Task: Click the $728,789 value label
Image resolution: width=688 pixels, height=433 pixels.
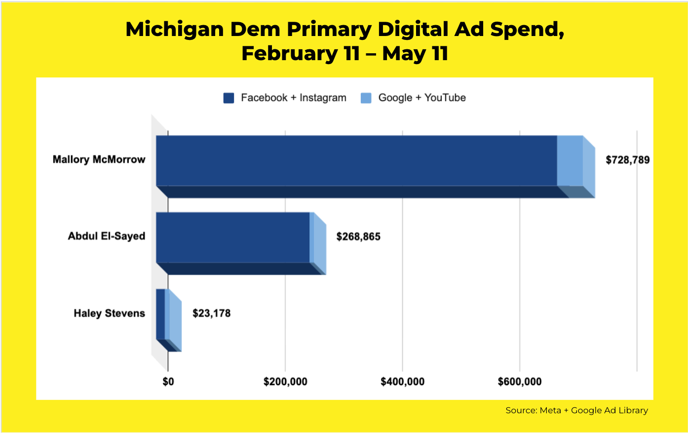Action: point(627,160)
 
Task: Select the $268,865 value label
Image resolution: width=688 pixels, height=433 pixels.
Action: point(358,237)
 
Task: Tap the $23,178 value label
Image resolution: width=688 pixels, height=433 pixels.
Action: point(211,313)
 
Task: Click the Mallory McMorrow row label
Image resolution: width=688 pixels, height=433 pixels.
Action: point(99,160)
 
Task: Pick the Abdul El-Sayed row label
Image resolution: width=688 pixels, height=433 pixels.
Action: point(106,236)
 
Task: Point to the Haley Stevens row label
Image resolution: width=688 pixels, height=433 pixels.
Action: point(110,313)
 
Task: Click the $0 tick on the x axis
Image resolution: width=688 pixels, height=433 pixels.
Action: point(168,382)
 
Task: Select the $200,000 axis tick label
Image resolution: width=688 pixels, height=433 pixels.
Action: point(285,382)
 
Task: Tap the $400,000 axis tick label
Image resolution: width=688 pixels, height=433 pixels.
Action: point(402,382)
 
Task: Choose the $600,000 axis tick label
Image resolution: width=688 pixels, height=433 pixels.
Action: point(520,382)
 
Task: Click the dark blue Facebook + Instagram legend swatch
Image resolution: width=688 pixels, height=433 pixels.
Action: point(229,98)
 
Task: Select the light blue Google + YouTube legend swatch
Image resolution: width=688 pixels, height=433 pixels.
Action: point(366,98)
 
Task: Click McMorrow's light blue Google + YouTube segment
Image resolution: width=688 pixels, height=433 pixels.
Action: point(570,161)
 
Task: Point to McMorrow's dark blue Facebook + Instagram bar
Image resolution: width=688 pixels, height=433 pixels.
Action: point(357,161)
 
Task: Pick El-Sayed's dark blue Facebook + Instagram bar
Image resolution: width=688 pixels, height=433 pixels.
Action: point(233,238)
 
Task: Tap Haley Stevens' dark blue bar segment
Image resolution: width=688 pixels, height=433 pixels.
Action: point(160,314)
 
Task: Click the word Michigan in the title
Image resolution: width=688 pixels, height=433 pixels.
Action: point(175,30)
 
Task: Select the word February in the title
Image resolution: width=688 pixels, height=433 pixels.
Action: point(290,53)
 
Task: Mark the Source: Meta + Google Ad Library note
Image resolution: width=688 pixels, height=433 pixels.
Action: point(576,410)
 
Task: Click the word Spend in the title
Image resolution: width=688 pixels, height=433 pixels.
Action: point(527,30)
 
